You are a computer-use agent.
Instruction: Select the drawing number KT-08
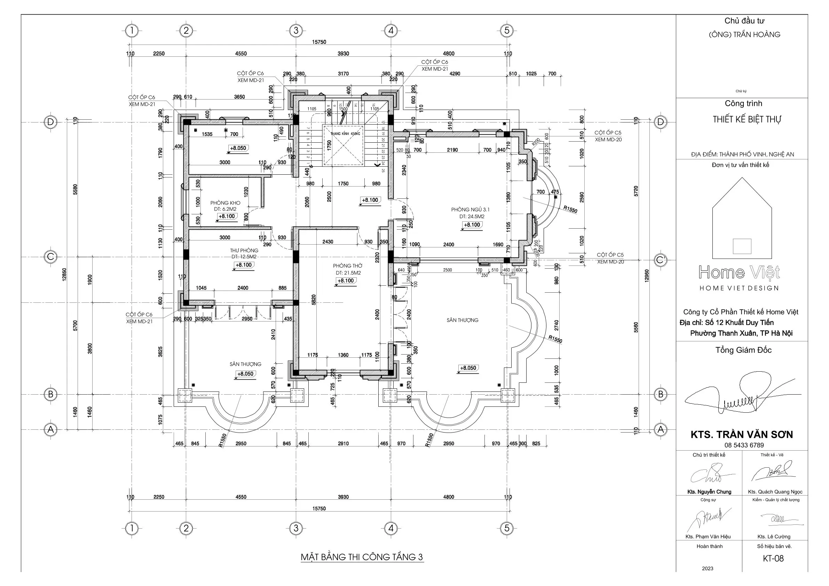pos(773,558)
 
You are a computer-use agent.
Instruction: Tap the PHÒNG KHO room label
pos(225,203)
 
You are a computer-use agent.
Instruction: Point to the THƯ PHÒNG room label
pos(244,250)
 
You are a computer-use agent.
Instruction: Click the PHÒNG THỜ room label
pos(347,266)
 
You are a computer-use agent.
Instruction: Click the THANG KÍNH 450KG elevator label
pos(345,134)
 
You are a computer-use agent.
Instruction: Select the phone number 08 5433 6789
pos(744,445)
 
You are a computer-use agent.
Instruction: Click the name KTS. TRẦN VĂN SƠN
pos(742,435)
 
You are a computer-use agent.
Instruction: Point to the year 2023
pos(707,568)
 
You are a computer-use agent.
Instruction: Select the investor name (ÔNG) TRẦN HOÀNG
pos(744,35)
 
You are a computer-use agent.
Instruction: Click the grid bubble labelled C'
pos(661,260)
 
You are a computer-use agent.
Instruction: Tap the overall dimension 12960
pos(647,276)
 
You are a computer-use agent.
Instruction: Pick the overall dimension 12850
pos(64,275)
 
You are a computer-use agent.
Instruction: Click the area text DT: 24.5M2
pos(472,217)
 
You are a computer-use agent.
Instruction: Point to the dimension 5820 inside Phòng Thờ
pos(314,300)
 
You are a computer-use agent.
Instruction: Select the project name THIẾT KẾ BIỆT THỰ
pos(746,119)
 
